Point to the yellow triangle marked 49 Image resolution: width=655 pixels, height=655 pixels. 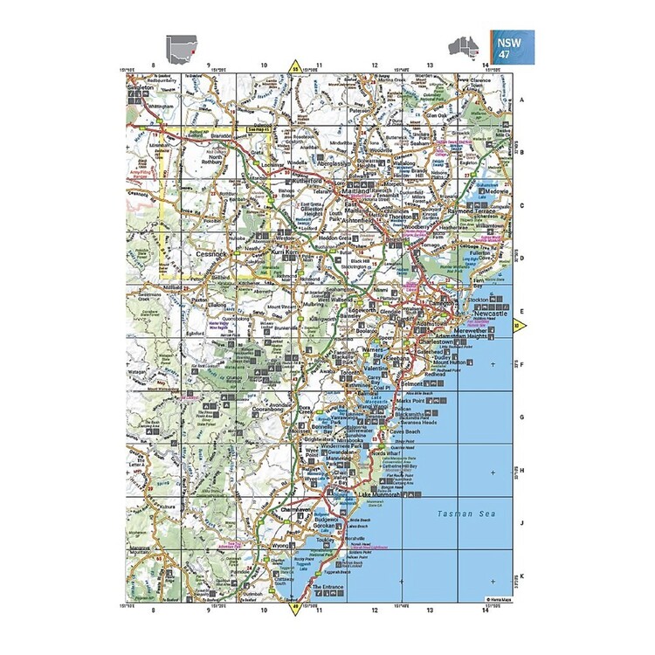coord(295,604)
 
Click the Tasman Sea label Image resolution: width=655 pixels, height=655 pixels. coord(466,514)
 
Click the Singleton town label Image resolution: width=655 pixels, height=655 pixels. coord(141,88)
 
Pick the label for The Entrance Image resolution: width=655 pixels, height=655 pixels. coord(329,586)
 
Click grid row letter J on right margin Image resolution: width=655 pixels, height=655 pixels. coord(522,523)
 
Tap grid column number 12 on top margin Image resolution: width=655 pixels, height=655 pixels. coord(375,65)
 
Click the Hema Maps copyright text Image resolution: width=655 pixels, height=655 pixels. coord(500,598)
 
